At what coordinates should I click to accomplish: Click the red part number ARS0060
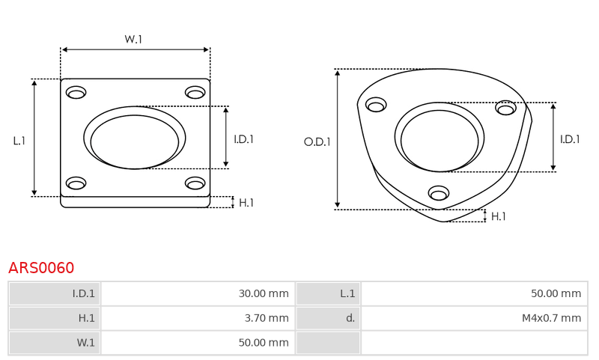click(41, 268)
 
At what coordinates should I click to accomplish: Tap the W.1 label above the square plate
click(133, 39)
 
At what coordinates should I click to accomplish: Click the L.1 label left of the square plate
click(19, 141)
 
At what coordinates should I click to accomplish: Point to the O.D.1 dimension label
click(317, 142)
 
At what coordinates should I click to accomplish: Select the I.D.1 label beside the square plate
click(244, 139)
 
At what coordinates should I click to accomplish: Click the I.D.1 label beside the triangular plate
click(570, 139)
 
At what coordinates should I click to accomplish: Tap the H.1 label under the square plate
click(246, 203)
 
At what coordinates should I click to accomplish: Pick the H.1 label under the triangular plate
click(499, 216)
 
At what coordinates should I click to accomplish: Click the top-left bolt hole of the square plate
click(76, 92)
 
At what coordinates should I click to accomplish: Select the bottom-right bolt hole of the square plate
click(195, 183)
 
